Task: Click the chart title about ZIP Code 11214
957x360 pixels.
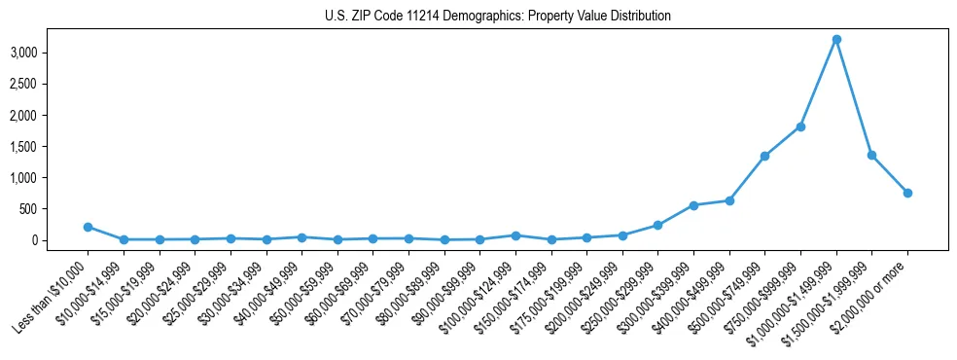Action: point(478,17)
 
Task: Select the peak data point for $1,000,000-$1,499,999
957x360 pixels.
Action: point(836,40)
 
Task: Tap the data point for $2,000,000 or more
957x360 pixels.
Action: point(907,193)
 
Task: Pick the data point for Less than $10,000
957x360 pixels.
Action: point(88,227)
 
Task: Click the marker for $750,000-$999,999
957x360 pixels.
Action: point(800,126)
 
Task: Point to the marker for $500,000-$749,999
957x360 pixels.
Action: point(764,156)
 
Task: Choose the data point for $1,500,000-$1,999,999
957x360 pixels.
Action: point(871,155)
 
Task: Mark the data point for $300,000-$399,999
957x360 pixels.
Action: point(693,205)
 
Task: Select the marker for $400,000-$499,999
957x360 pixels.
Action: point(729,200)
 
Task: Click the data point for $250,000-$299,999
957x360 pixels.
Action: point(657,225)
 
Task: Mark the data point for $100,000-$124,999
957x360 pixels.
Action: point(515,235)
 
